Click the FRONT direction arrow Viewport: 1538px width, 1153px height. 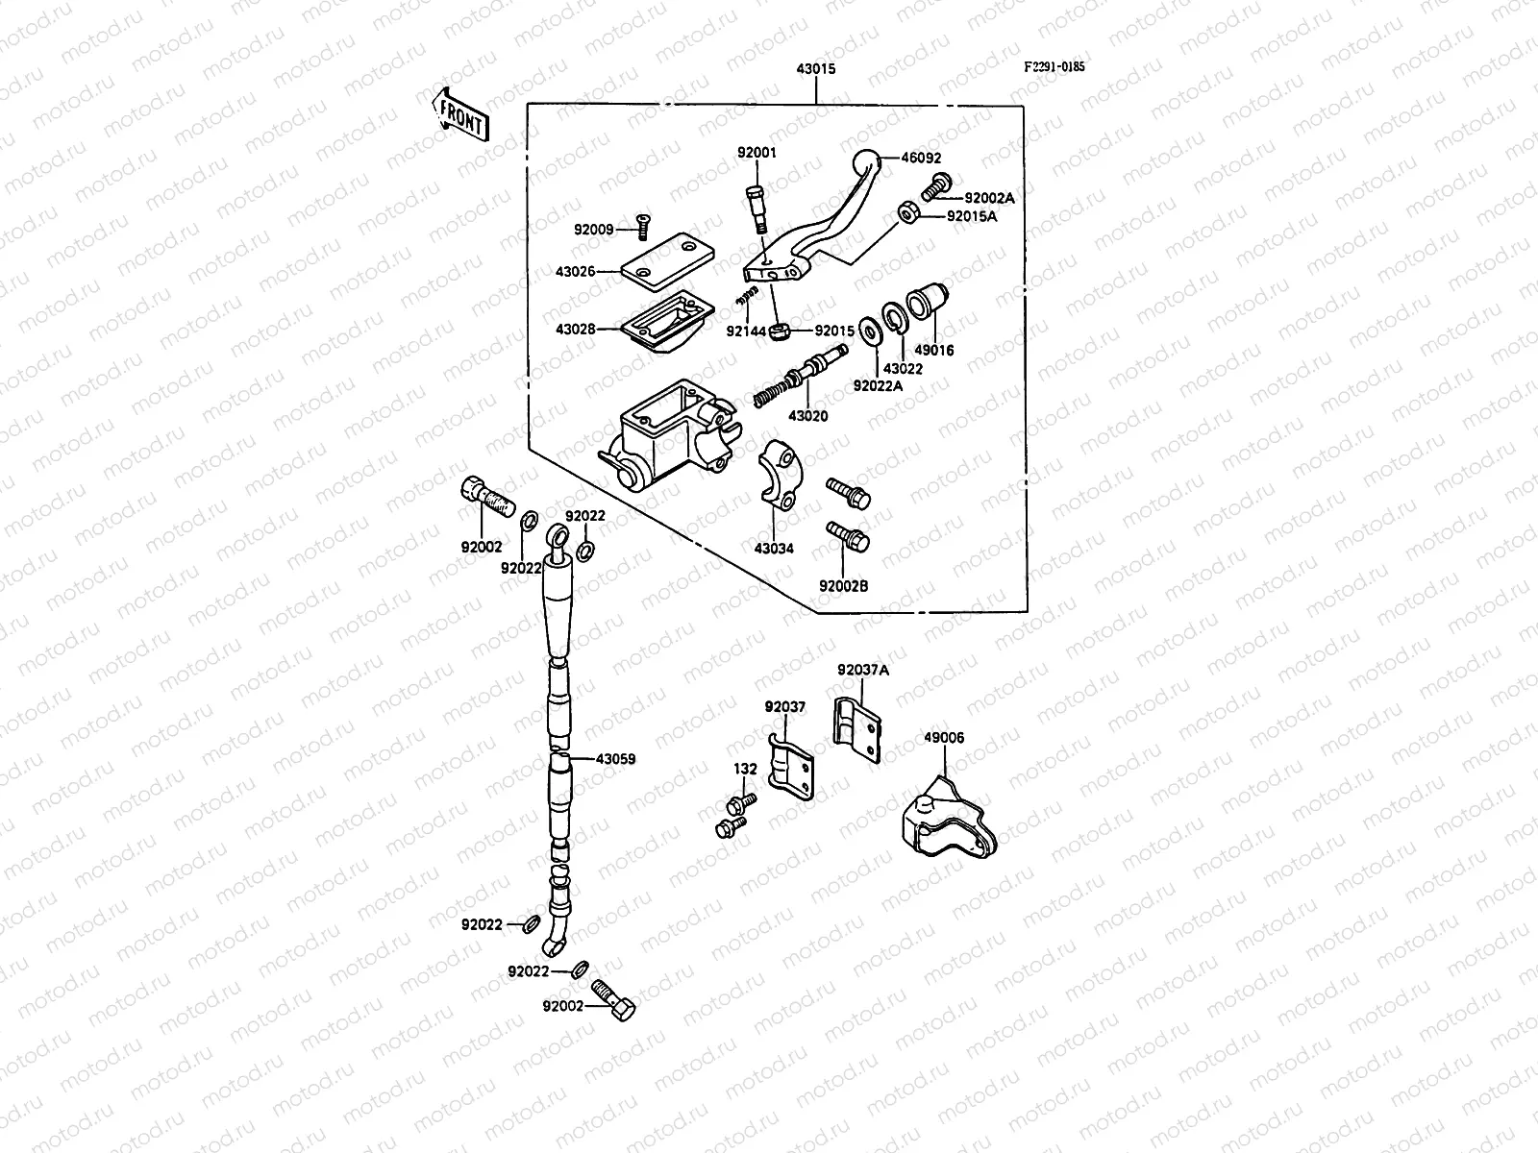point(459,113)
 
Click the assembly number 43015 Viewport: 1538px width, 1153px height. point(815,69)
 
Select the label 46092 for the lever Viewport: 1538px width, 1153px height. point(921,159)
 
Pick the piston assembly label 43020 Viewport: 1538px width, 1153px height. point(807,416)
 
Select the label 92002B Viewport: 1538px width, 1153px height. point(843,585)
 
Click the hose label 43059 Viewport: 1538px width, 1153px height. point(615,759)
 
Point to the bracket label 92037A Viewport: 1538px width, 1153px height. point(862,670)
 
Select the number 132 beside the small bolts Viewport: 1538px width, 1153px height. point(745,769)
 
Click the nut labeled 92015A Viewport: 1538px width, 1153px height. point(906,211)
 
